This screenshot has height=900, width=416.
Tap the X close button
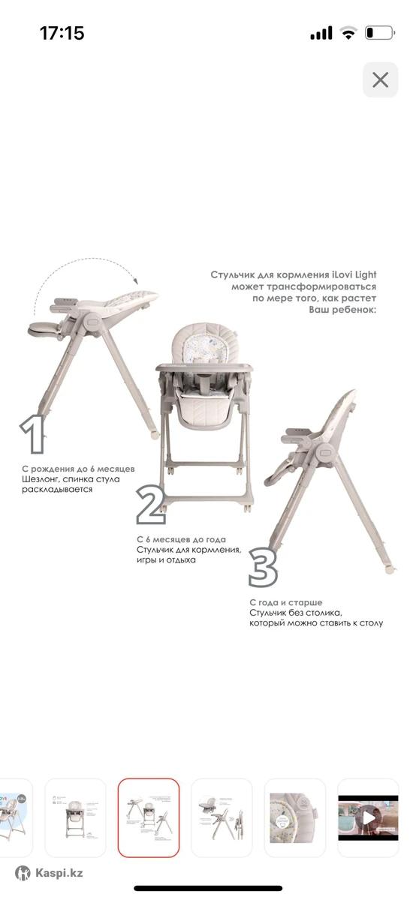(x=380, y=79)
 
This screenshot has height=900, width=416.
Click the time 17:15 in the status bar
(x=62, y=33)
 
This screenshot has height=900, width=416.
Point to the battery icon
(x=380, y=33)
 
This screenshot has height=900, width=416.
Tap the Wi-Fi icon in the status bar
(x=348, y=33)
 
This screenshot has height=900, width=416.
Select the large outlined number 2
(x=151, y=505)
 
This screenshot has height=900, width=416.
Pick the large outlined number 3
(x=263, y=568)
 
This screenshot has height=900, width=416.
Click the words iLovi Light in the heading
(x=354, y=274)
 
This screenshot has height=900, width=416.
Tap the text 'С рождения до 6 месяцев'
(x=78, y=469)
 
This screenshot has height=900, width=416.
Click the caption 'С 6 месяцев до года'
(x=181, y=539)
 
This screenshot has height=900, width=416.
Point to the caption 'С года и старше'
(x=285, y=603)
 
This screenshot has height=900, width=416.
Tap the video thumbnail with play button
(x=368, y=818)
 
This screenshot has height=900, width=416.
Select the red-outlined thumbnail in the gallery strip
(x=149, y=818)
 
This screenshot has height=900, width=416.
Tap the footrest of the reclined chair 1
(x=44, y=329)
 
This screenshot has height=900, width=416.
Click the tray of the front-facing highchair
(x=204, y=367)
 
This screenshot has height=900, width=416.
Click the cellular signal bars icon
(x=321, y=33)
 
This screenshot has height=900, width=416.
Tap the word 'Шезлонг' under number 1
(x=41, y=479)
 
